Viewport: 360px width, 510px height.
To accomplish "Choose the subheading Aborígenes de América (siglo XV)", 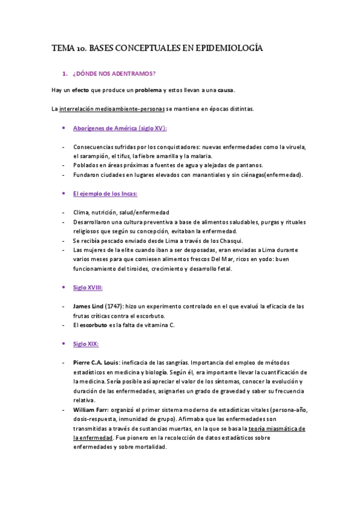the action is coord(120,128).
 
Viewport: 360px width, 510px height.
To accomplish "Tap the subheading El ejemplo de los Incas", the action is coord(105,193).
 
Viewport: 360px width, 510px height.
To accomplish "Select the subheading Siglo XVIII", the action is coord(88,287).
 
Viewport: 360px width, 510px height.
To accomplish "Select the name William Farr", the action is coord(91,410).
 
